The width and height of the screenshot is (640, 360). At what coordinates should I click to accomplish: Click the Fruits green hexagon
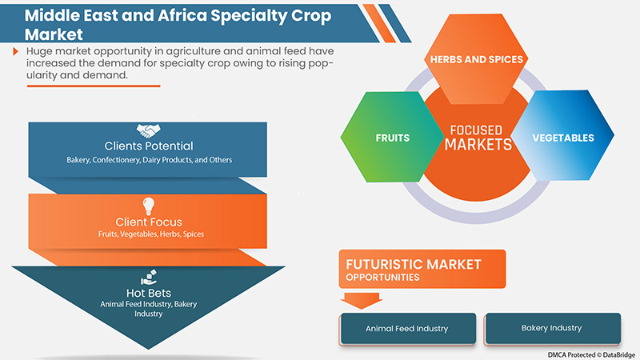pos(392,138)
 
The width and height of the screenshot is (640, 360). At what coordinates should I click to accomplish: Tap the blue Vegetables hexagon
pos(562,138)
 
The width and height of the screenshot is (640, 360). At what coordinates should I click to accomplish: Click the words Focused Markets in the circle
pos(478,138)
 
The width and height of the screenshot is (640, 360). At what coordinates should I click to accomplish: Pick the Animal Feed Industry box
pos(406,328)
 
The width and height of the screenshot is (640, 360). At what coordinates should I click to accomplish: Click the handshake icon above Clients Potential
pos(149,130)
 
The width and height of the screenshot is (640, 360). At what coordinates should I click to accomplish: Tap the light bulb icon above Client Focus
pos(149,205)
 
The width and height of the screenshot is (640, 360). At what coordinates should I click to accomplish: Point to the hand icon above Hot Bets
pos(149,277)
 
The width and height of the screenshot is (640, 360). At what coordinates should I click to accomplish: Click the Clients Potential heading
pos(149,146)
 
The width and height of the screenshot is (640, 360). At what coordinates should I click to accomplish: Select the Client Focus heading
pos(149,221)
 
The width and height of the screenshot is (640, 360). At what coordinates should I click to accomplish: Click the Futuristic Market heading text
pos(414,263)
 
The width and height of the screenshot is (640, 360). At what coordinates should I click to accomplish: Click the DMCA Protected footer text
pos(593,354)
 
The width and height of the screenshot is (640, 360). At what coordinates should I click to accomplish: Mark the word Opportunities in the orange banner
pos(383,278)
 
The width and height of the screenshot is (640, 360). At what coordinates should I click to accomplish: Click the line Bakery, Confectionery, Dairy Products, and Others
pos(149,160)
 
